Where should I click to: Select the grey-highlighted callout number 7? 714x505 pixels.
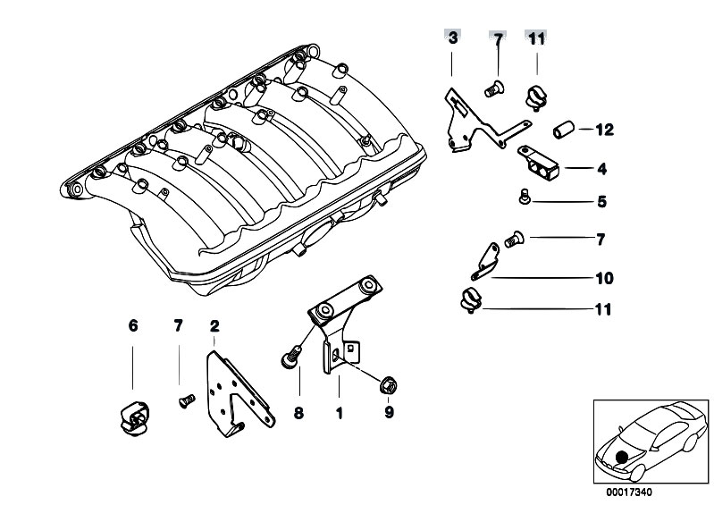pos(498,38)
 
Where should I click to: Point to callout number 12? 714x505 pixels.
pos(604,130)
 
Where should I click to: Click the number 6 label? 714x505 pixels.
pos(133,325)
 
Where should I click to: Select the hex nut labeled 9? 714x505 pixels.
pos(389,386)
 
